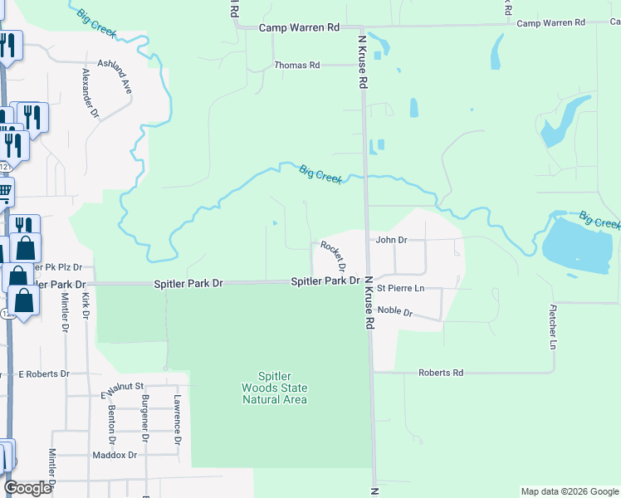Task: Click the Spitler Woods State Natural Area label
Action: click(x=274, y=388)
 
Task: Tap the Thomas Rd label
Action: click(x=297, y=65)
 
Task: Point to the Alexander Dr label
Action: click(x=90, y=92)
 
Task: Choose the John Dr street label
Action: click(x=392, y=239)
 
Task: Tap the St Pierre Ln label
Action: click(x=400, y=288)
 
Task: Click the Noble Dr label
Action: click(x=395, y=311)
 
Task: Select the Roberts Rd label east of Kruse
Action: click(x=440, y=373)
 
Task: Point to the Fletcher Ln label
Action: click(x=552, y=325)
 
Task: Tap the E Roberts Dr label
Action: click(x=45, y=373)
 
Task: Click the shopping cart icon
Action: click(x=4, y=193)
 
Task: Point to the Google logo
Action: click(x=28, y=488)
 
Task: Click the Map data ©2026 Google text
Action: click(x=569, y=491)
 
